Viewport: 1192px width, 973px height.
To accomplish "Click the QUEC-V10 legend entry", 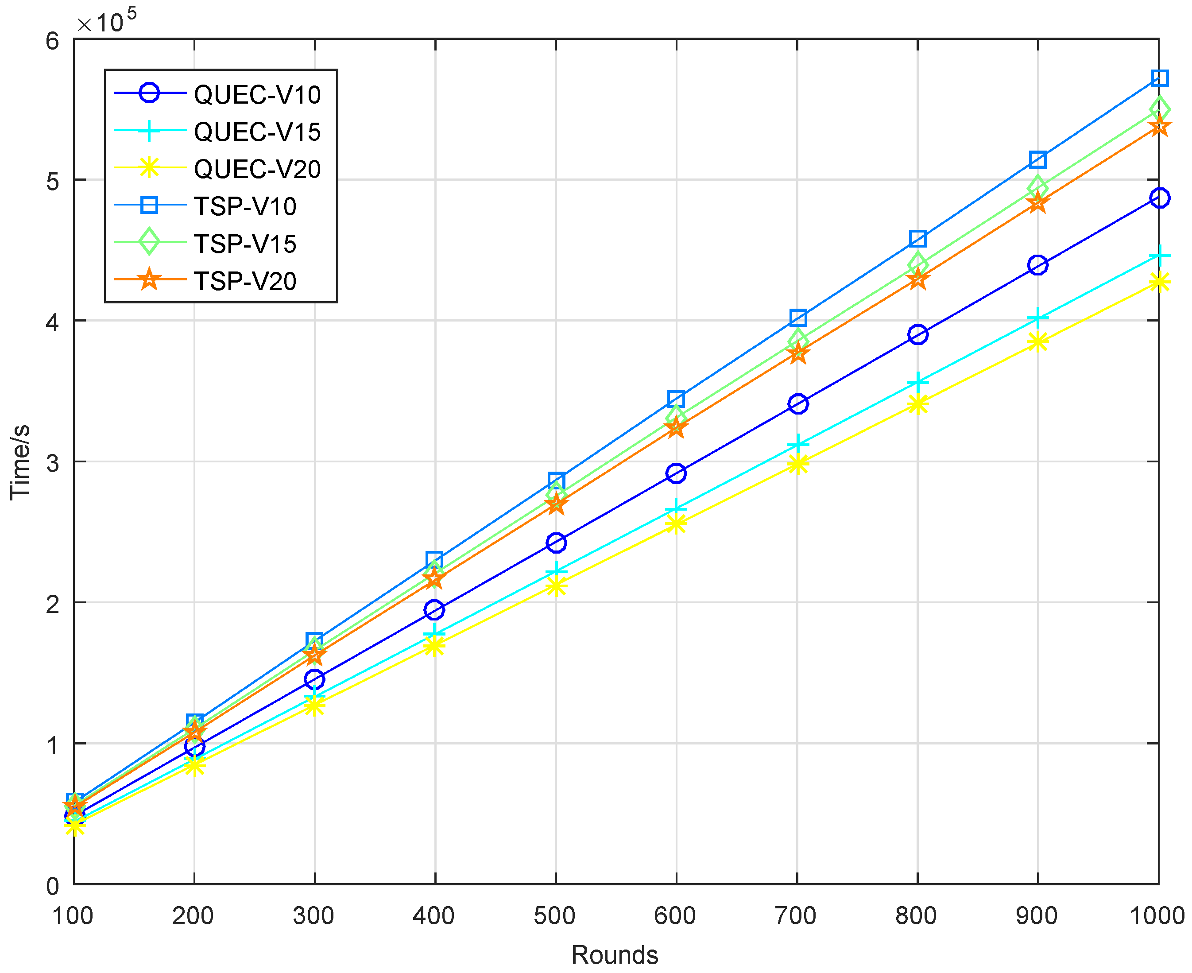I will [257, 95].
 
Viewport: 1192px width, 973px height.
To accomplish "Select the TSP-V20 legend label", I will [245, 281].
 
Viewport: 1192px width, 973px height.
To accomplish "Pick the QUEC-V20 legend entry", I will [257, 169].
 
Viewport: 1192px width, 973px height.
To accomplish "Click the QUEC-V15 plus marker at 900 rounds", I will [1038, 318].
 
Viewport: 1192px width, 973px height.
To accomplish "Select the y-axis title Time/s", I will [20, 462].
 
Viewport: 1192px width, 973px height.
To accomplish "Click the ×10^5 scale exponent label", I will [106, 21].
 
